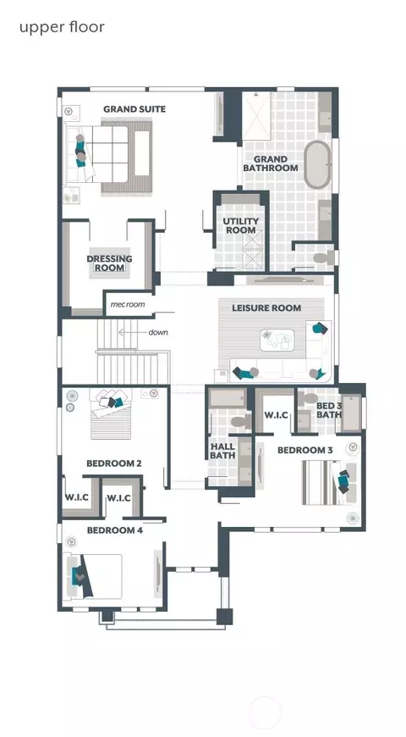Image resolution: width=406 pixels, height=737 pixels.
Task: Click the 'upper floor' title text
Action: click(62, 27)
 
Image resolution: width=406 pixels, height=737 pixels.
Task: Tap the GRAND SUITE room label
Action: click(134, 109)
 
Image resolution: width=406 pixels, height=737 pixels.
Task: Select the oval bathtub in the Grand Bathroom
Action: click(317, 165)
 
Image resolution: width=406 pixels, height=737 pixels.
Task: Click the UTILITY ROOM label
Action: click(241, 225)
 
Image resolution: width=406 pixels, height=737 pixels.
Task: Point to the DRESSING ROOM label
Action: click(109, 263)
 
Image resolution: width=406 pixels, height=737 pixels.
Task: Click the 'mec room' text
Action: click(128, 305)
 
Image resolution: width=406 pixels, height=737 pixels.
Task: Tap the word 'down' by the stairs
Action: click(158, 332)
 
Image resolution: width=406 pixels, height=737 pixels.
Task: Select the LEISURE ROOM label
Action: click(266, 308)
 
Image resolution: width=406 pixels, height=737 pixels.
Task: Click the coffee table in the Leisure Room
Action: click(277, 340)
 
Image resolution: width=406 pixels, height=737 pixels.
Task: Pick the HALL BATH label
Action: click(222, 451)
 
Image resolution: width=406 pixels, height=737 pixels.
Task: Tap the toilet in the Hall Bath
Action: click(241, 421)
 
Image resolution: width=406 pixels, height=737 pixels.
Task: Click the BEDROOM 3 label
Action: click(305, 451)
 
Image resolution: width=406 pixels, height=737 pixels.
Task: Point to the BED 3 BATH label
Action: click(329, 410)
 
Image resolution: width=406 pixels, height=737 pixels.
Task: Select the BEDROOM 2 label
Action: click(114, 463)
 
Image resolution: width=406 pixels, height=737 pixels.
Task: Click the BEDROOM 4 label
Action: click(115, 530)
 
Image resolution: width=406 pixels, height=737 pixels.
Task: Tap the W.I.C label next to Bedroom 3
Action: click(277, 415)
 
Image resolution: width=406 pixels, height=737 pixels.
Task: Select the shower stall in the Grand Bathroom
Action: click(256, 115)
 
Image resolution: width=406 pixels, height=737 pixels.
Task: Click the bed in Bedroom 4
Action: click(96, 576)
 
